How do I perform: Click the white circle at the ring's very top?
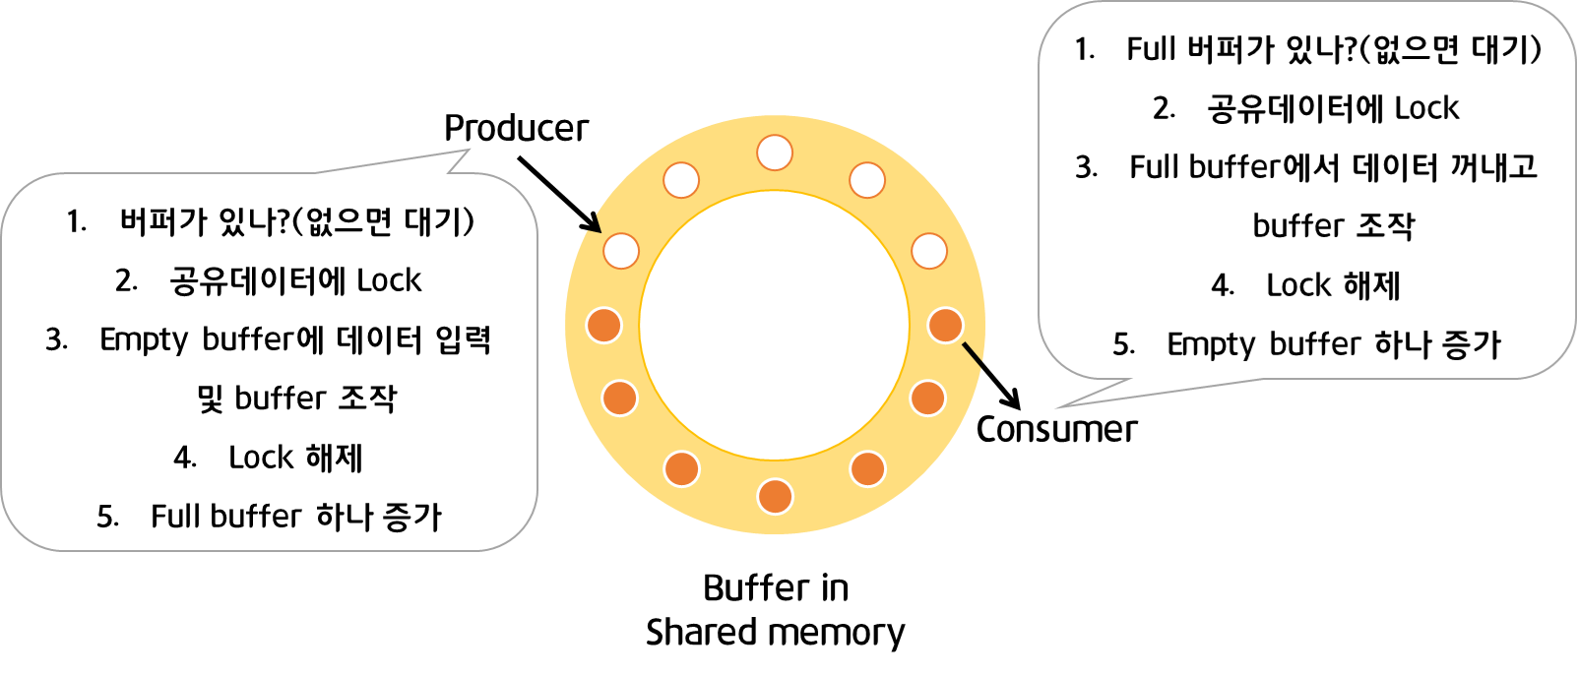775,154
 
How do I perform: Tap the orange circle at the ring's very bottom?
775,496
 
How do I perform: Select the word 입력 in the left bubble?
463,339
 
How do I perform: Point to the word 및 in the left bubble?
210,399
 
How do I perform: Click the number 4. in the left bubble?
185,458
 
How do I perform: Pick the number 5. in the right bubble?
1123,344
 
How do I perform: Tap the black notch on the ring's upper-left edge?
594,222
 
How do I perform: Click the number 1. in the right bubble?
1085,49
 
